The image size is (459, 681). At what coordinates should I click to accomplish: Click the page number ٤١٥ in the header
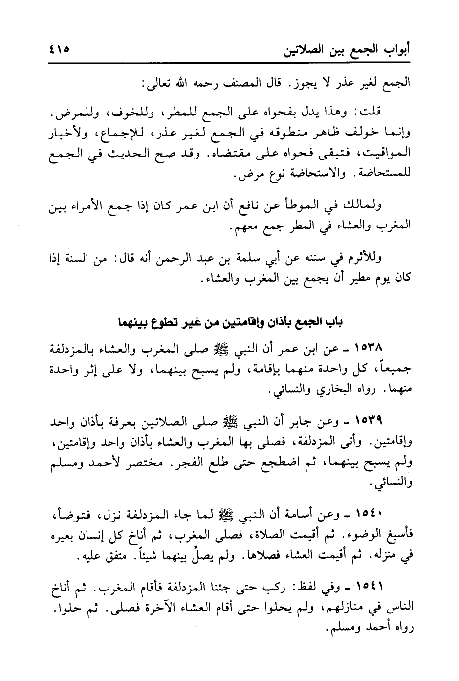point(59,50)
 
